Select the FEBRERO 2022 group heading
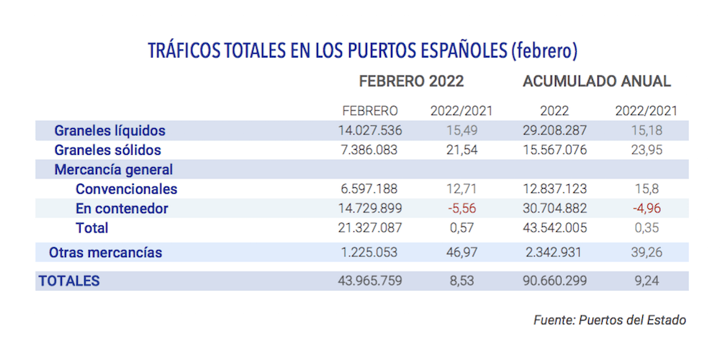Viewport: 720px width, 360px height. pyautogui.click(x=411, y=81)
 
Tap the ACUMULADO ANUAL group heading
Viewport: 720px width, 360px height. pyautogui.click(x=597, y=81)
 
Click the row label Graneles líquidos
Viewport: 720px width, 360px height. pyautogui.click(x=110, y=131)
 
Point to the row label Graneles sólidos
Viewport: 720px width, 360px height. pyautogui.click(x=108, y=150)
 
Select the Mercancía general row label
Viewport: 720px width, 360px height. pyautogui.click(x=114, y=170)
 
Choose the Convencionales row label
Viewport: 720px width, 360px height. pyautogui.click(x=126, y=189)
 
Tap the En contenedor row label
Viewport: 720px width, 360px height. pyautogui.click(x=122, y=209)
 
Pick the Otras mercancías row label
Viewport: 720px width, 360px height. pyautogui.click(x=105, y=253)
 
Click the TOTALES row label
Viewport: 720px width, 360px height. pyautogui.click(x=69, y=282)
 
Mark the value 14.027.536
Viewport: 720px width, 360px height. pyautogui.click(x=370, y=131)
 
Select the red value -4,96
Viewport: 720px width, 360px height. pyautogui.click(x=647, y=209)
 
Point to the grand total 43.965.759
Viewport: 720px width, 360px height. pyautogui.click(x=370, y=282)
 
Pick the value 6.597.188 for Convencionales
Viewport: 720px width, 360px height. pyautogui.click(x=370, y=189)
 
